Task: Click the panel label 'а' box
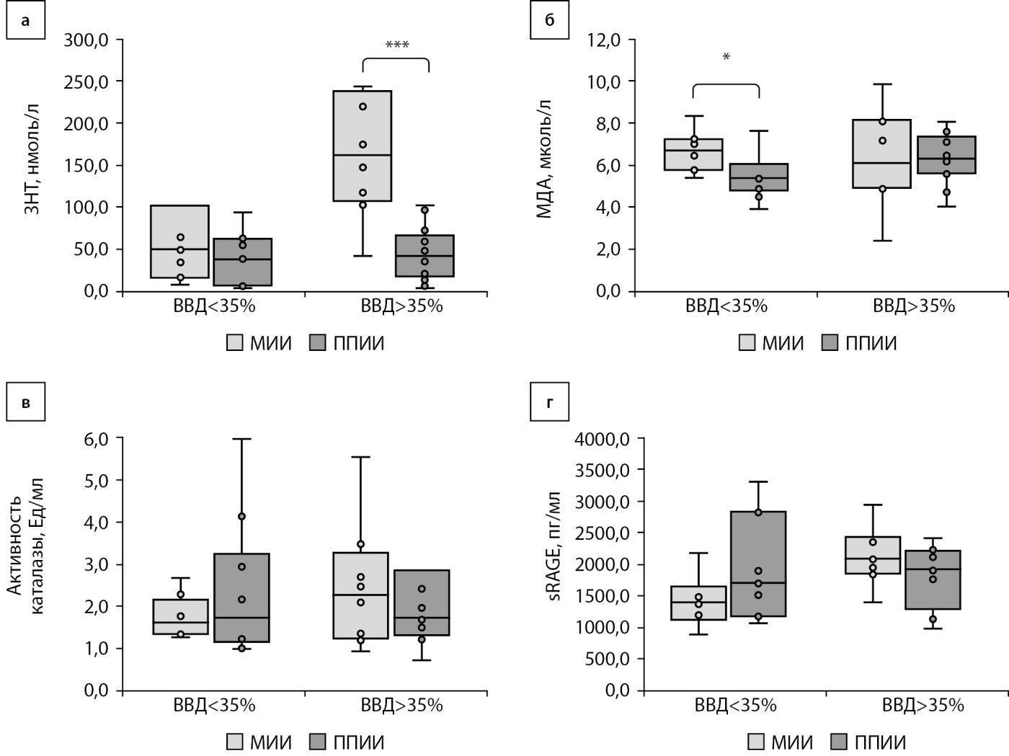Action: [x=25, y=20]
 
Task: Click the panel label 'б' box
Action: [x=549, y=20]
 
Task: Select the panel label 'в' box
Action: [x=25, y=402]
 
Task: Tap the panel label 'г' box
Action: [x=549, y=402]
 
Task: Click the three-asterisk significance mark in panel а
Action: [x=396, y=45]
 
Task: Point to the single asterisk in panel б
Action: [x=726, y=57]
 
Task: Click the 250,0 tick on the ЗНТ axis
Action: [x=86, y=81]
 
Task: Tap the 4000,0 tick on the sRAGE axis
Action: [x=605, y=438]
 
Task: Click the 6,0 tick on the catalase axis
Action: [x=93, y=438]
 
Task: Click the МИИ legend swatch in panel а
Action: [x=236, y=344]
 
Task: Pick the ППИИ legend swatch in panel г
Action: [x=840, y=742]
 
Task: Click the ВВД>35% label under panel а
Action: [x=401, y=306]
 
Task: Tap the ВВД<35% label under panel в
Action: [x=214, y=705]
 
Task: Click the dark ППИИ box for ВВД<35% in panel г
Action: [x=758, y=564]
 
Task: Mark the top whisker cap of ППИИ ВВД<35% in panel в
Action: [x=242, y=438]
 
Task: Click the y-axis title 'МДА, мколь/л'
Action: [x=544, y=159]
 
